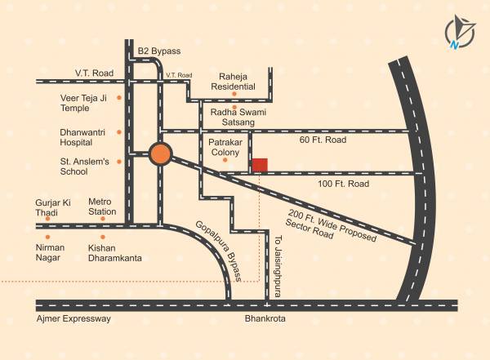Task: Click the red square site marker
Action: [x=259, y=166]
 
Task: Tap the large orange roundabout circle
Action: [x=161, y=153]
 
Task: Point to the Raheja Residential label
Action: [x=233, y=80]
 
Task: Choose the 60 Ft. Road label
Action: [x=323, y=140]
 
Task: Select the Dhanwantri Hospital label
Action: [x=82, y=136]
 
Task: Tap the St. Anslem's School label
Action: [x=84, y=167]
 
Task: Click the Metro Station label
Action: [x=102, y=206]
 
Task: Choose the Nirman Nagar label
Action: [x=50, y=252]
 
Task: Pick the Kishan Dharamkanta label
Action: [x=114, y=252]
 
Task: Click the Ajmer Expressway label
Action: [x=73, y=318]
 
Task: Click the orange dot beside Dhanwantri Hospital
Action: [x=119, y=131]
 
